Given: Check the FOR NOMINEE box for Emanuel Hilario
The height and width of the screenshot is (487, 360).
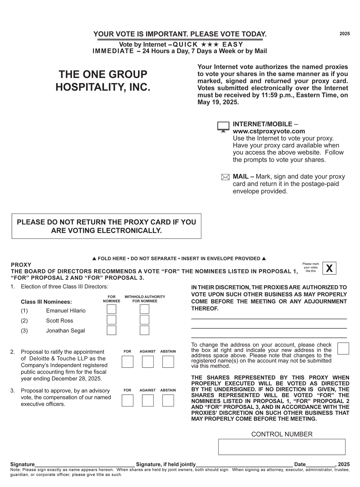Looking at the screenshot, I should (111, 309).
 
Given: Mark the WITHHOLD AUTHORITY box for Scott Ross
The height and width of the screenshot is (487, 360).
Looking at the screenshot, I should (144, 320).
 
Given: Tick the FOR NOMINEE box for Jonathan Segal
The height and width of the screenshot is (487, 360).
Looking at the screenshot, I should (111, 330).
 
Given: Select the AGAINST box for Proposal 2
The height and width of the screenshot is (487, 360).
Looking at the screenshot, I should (148, 362).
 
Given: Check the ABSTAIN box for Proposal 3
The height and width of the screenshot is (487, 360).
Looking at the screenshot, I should (168, 400).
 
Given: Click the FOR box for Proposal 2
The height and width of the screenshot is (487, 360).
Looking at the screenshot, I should (127, 362).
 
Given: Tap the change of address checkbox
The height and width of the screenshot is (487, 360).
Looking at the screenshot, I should (343, 348).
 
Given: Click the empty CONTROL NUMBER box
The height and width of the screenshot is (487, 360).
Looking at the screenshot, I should (282, 447).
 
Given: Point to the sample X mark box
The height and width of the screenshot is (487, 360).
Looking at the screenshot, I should (329, 268).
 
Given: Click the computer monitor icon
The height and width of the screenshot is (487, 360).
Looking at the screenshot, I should (223, 127).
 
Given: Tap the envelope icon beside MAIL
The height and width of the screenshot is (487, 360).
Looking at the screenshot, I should (225, 177).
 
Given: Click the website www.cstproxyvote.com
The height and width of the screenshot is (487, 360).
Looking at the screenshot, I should (269, 131).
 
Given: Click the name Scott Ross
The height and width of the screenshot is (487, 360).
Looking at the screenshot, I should (60, 321).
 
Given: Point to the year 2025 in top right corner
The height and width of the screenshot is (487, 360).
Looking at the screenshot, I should (344, 34).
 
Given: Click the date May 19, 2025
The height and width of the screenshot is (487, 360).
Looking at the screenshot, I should (218, 102).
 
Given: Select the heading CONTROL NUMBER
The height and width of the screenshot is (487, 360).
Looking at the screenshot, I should (282, 434).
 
